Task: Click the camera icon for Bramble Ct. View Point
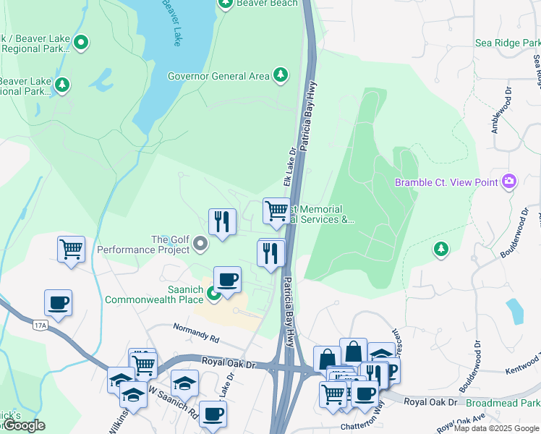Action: [x=509, y=182]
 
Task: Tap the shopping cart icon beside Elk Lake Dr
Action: [x=276, y=211]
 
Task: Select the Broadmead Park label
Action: [x=503, y=402]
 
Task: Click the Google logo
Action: [x=23, y=425]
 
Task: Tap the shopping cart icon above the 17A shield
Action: [x=71, y=250]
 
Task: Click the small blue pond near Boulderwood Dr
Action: [x=515, y=310]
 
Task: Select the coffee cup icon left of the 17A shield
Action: [x=58, y=303]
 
